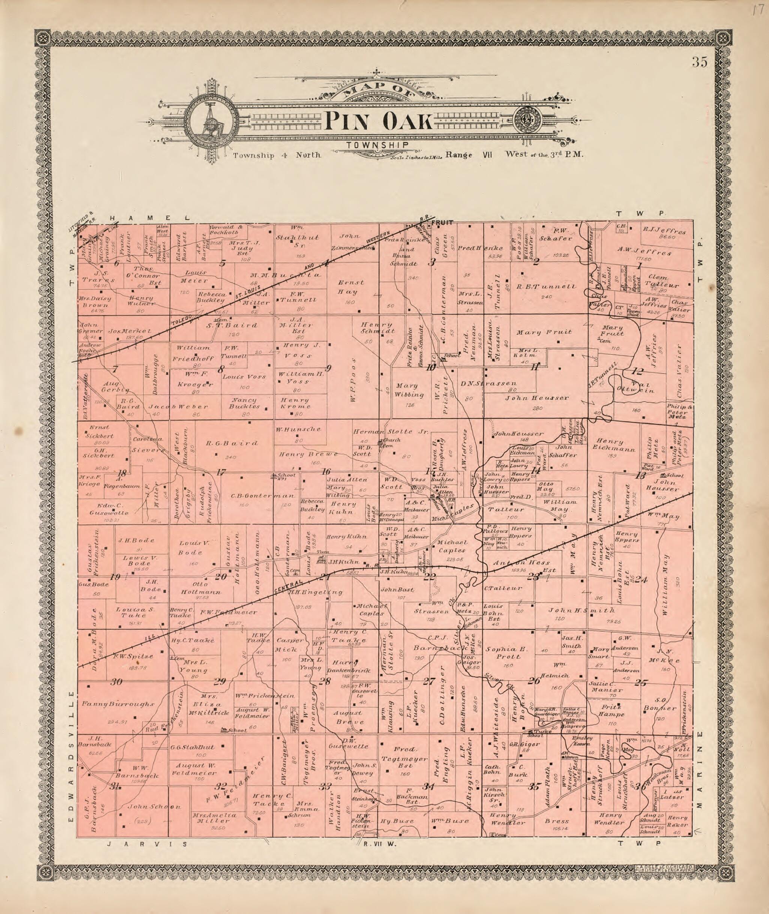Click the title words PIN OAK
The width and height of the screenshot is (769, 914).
[379, 121]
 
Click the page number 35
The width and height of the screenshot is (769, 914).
[699, 62]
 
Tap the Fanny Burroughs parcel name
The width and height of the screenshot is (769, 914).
[118, 704]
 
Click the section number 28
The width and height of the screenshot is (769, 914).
[324, 681]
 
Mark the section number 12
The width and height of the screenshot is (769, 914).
[637, 372]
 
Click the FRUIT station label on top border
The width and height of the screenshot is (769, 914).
[442, 222]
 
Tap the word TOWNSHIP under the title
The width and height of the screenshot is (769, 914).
[377, 145]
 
